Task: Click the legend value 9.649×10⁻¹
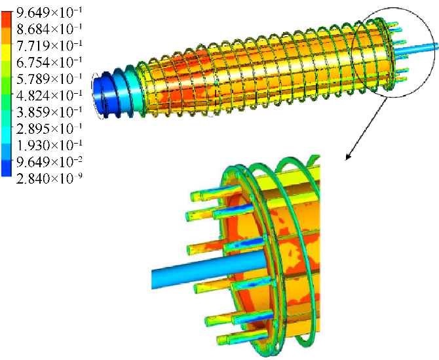(49, 12)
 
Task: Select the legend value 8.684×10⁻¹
(49, 29)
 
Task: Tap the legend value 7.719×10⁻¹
(49, 46)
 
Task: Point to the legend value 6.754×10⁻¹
(49, 62)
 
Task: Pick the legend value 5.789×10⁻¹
(49, 79)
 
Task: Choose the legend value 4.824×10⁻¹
(49, 95)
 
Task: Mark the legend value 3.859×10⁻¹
(49, 111)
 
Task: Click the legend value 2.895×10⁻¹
(49, 129)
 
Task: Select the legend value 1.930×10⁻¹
(49, 145)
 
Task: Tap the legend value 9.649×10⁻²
(49, 161)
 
